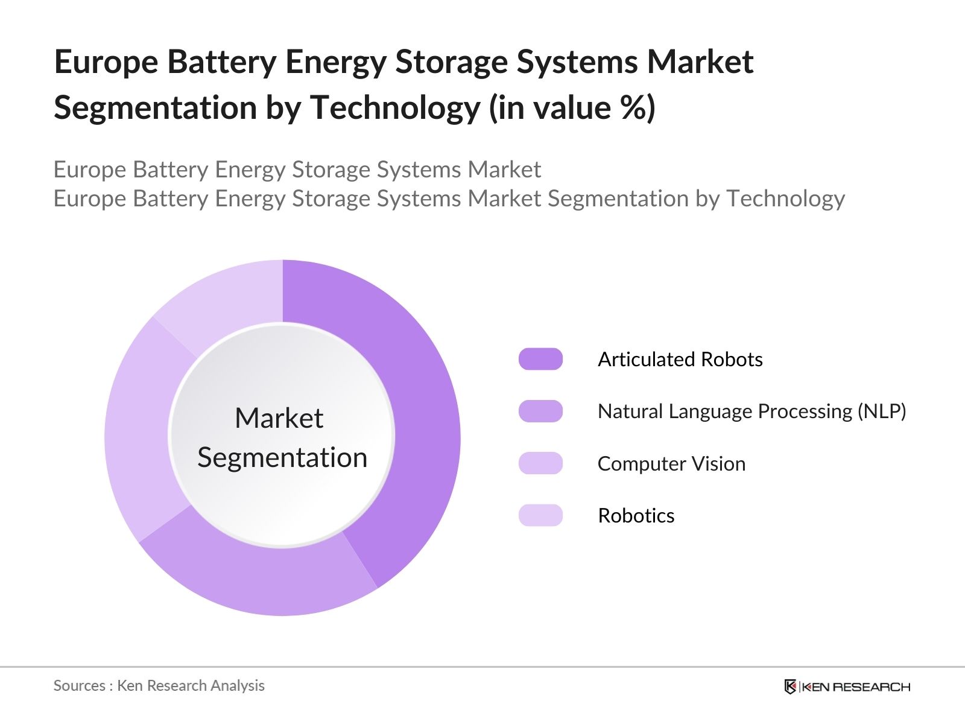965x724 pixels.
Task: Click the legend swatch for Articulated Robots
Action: coord(540,359)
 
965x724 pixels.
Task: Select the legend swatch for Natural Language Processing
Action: coord(540,411)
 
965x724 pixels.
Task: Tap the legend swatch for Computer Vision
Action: coord(540,463)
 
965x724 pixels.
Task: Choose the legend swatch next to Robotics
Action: coord(540,515)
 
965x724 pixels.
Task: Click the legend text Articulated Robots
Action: coord(680,359)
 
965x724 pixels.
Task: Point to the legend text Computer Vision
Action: coord(671,463)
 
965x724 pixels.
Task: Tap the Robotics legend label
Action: coord(636,515)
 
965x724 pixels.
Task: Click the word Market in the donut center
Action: coord(279,418)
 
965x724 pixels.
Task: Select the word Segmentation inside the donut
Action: coord(282,457)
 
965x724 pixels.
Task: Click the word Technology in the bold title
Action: coord(395,109)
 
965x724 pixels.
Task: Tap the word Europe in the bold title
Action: coord(106,62)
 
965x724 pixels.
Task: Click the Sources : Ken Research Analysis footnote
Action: coord(159,685)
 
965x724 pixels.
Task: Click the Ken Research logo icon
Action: coord(790,687)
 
